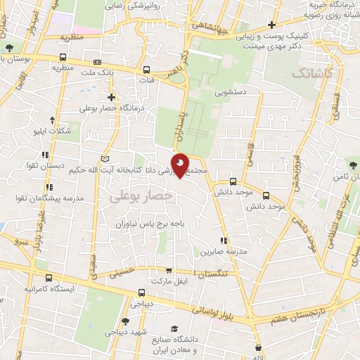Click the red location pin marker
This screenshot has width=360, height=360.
(x=181, y=166)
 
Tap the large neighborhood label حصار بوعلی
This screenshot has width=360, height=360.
(x=141, y=198)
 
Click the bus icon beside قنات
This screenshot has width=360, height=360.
(x=146, y=70)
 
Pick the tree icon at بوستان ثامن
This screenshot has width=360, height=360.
(x=349, y=167)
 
